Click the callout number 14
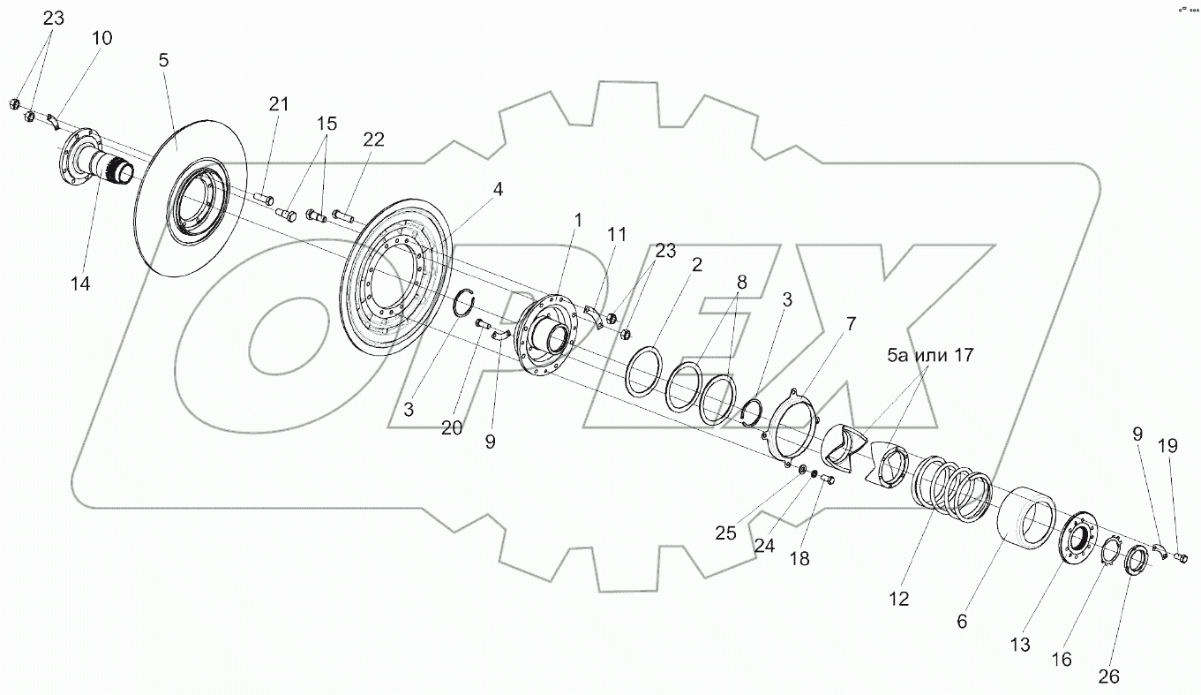point(81,284)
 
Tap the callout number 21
point(279,104)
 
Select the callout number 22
point(373,140)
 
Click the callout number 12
point(898,599)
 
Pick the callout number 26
point(1108,676)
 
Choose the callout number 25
point(726,533)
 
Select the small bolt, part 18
point(827,480)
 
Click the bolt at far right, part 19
point(1183,557)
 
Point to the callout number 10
point(102,38)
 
